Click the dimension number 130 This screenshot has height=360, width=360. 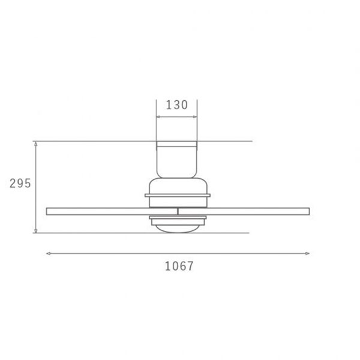[x=177, y=105]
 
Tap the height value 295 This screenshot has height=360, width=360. [x=20, y=184]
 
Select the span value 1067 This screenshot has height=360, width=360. [x=179, y=266]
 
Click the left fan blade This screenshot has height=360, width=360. [x=112, y=211]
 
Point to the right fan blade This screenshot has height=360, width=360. [x=244, y=211]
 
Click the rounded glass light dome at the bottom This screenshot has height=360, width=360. [x=178, y=229]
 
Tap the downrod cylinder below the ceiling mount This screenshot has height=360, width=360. [x=177, y=163]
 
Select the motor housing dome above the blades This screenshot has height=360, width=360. [x=178, y=186]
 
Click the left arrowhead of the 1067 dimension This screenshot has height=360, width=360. [x=48, y=253]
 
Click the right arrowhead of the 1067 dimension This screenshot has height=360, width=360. [x=307, y=253]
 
